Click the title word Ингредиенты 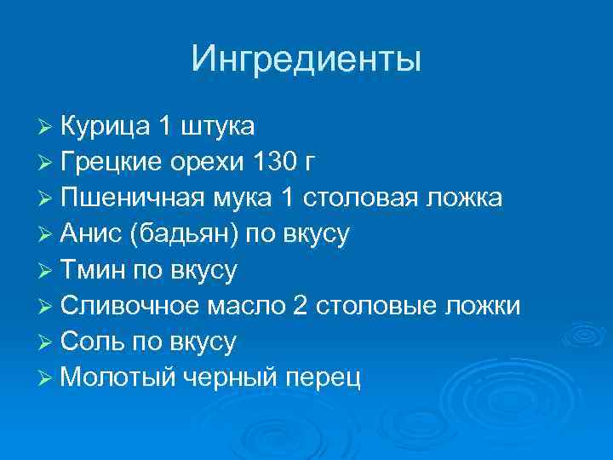click(306, 59)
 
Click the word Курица click(106, 127)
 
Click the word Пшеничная click(132, 198)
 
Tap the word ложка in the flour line click(466, 198)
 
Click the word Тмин click(92, 271)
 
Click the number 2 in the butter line click(299, 307)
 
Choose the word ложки click(483, 307)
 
